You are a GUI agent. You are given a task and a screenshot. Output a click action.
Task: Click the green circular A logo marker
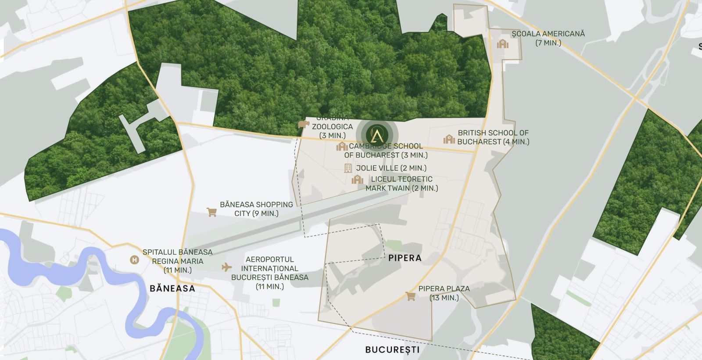click(377, 133)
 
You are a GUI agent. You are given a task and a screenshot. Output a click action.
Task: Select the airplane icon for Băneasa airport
click(226, 267)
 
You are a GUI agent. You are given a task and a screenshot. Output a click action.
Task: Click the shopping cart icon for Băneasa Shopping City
click(211, 212)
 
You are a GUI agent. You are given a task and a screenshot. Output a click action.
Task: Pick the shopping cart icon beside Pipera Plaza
click(410, 296)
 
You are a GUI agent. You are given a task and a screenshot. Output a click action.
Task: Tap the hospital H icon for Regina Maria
click(135, 260)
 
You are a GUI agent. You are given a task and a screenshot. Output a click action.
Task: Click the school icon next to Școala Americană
click(502, 44)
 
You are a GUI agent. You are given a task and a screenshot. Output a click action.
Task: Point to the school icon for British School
click(449, 139)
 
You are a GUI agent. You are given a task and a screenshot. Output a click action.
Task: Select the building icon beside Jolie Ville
click(348, 168)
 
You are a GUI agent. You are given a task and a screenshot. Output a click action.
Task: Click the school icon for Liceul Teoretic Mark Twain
click(358, 180)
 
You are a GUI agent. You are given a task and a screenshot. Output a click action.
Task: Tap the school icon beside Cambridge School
click(342, 146)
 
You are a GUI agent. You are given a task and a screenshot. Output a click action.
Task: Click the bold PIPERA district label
click(405, 258)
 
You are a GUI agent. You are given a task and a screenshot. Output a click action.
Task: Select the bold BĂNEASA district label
click(172, 288)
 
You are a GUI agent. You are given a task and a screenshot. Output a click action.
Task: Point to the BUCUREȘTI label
click(392, 350)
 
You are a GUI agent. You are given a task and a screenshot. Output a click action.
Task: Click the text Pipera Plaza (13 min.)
click(444, 293)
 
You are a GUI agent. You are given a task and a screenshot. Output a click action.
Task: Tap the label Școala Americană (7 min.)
click(548, 38)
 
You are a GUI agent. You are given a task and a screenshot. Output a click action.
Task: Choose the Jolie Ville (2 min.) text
click(391, 168)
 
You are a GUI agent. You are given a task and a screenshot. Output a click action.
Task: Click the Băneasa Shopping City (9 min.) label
click(256, 209)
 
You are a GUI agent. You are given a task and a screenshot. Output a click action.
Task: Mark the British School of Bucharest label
click(493, 137)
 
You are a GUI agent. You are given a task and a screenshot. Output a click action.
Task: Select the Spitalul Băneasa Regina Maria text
click(177, 261)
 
